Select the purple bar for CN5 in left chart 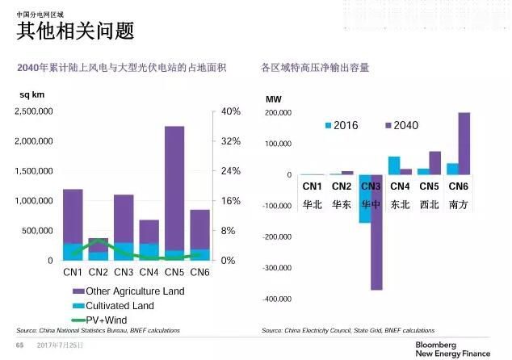174,186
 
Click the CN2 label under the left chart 99,272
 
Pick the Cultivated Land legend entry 120,307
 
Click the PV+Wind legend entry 108,321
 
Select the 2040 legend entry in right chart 401,125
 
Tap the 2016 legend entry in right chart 342,125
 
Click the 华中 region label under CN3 370,205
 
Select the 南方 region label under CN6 458,205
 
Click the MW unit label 275,99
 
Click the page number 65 20,345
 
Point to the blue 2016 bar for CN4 394,165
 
